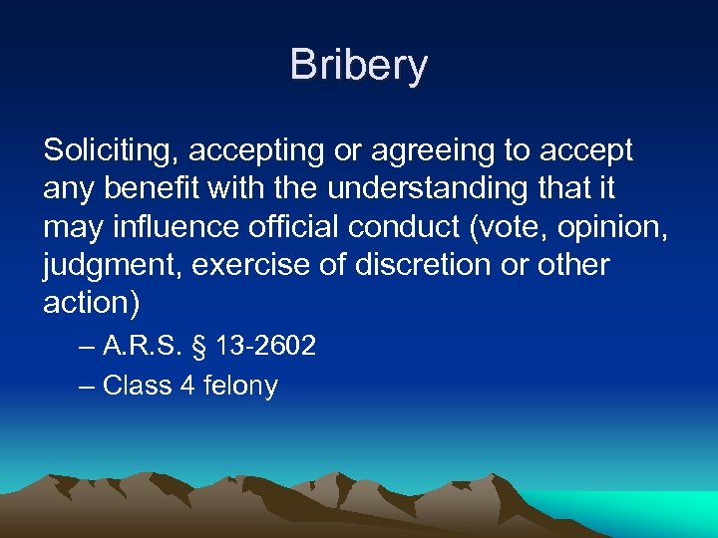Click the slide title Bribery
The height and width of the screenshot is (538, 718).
point(359,66)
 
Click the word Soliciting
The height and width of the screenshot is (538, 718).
point(111,151)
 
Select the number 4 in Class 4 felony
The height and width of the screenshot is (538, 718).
point(187,386)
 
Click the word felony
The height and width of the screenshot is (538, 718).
point(240,387)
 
